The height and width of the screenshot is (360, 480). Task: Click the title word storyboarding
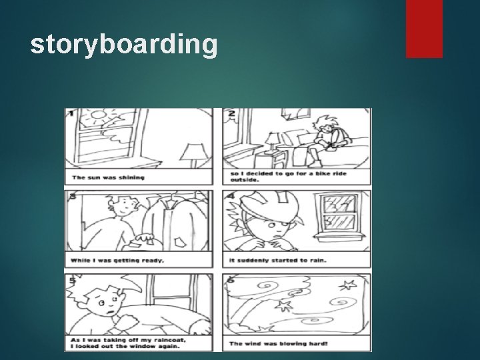click(x=124, y=45)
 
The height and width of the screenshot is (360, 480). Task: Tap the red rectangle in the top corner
click(x=425, y=28)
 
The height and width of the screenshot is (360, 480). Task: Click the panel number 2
click(x=231, y=113)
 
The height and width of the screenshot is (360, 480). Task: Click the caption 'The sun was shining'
click(x=108, y=177)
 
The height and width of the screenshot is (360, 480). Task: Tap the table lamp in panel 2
click(x=273, y=142)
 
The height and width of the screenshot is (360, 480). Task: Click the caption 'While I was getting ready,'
click(x=117, y=260)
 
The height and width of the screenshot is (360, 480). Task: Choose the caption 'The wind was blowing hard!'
click(x=274, y=343)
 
